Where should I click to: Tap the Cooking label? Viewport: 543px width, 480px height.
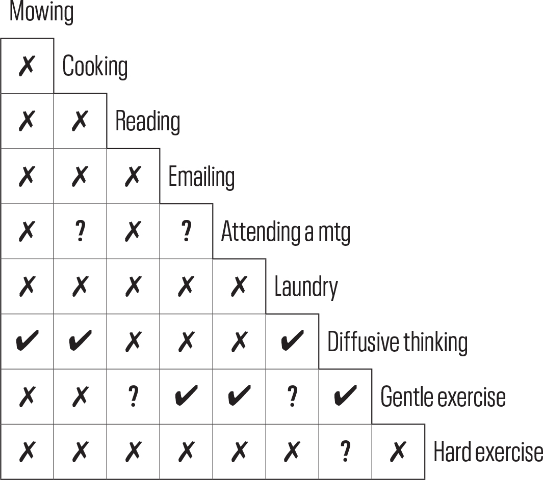(95, 66)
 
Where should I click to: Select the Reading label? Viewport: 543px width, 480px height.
(147, 121)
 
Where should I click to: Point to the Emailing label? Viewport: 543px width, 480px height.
(201, 176)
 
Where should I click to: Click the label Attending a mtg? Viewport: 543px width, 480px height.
(286, 232)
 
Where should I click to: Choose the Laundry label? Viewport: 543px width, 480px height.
(306, 287)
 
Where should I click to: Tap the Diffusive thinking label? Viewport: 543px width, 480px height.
(397, 342)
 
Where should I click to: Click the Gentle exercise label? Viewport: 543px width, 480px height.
(443, 397)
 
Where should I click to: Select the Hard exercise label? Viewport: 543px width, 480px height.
(488, 451)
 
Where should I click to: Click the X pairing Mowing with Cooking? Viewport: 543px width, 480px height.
(27, 66)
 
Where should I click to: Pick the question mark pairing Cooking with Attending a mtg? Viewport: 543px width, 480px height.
(81, 231)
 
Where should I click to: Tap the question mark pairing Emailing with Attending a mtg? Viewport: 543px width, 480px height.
(186, 231)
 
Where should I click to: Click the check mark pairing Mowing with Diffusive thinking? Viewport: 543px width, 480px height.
(28, 341)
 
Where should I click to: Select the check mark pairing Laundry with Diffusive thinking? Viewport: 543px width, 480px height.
(293, 341)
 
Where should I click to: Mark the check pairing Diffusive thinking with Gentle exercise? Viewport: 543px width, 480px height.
(345, 396)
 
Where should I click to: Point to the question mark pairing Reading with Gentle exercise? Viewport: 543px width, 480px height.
(133, 397)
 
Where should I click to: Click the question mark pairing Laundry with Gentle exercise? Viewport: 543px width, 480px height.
(293, 397)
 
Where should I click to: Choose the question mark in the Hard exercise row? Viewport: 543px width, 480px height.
(345, 451)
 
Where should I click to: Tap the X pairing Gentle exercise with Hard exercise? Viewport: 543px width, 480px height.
(398, 451)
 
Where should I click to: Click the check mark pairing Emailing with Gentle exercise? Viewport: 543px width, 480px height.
(186, 396)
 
